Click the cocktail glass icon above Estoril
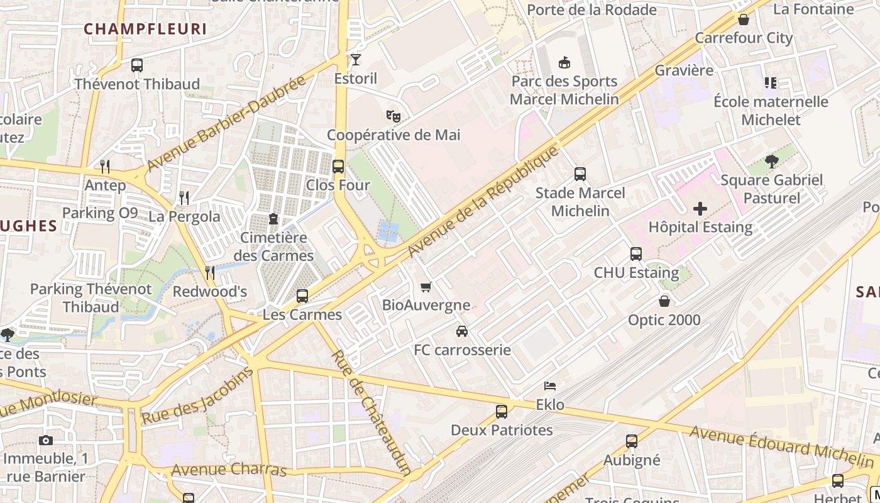[x=356, y=60]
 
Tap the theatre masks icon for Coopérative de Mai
[x=393, y=116]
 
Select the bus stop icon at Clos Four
[x=338, y=167]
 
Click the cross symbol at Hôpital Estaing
[x=700, y=209]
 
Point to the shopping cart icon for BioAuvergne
[x=426, y=287]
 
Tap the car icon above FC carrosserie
[x=462, y=331]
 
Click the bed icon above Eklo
[x=550, y=385]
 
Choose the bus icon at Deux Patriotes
[x=502, y=412]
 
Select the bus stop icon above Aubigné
[x=632, y=441]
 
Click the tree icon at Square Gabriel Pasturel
[x=772, y=162]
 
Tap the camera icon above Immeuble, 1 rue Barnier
[x=45, y=441]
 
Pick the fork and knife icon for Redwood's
[x=210, y=273]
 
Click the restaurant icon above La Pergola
[x=184, y=198]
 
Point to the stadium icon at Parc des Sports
[x=564, y=62]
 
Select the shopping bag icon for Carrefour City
[x=744, y=19]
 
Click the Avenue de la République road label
[x=483, y=201]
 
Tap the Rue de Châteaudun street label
[x=371, y=412]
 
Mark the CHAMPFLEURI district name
[x=145, y=29]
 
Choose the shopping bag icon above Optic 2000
[x=664, y=302]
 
